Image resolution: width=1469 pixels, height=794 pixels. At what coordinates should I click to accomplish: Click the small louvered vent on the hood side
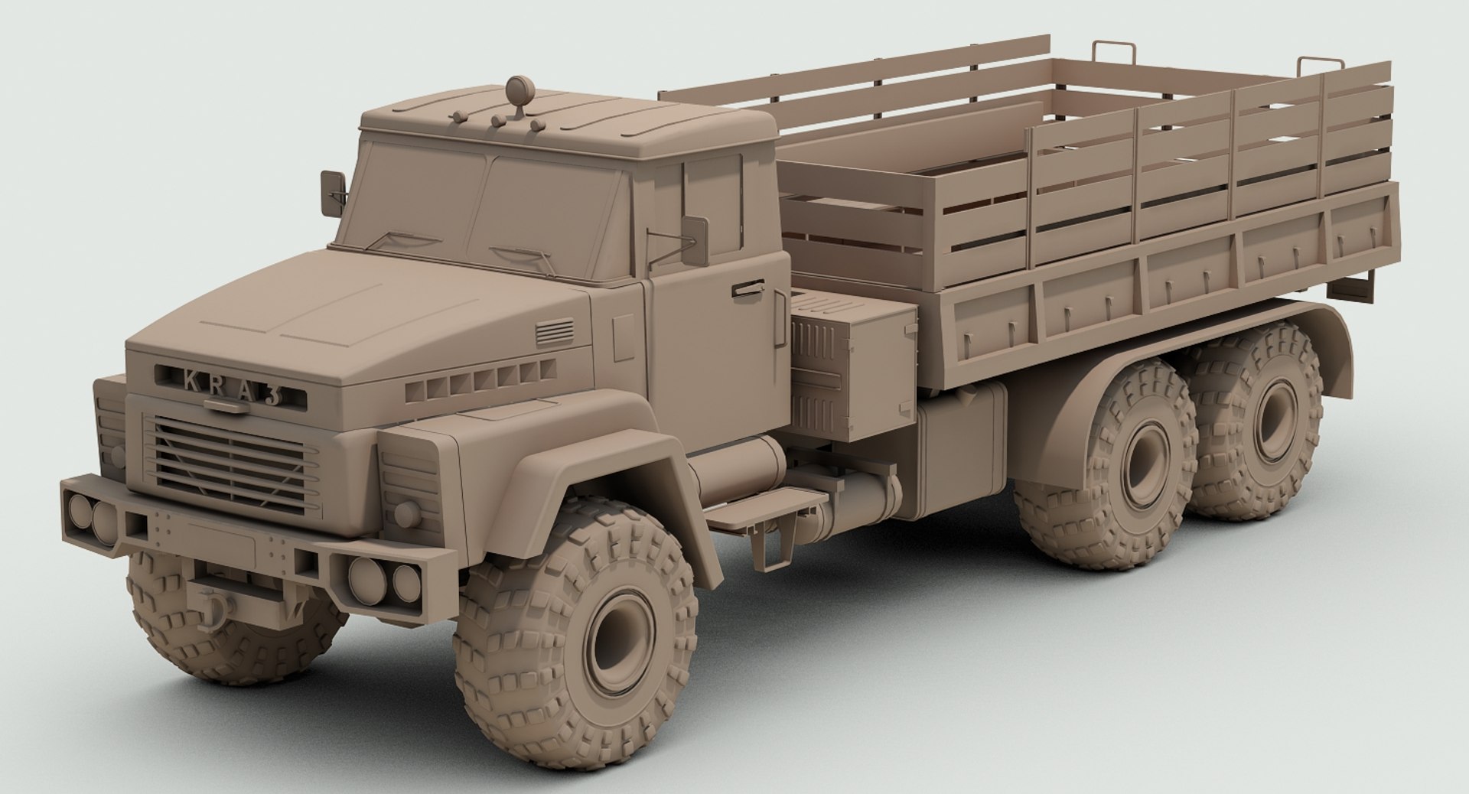click(554, 334)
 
